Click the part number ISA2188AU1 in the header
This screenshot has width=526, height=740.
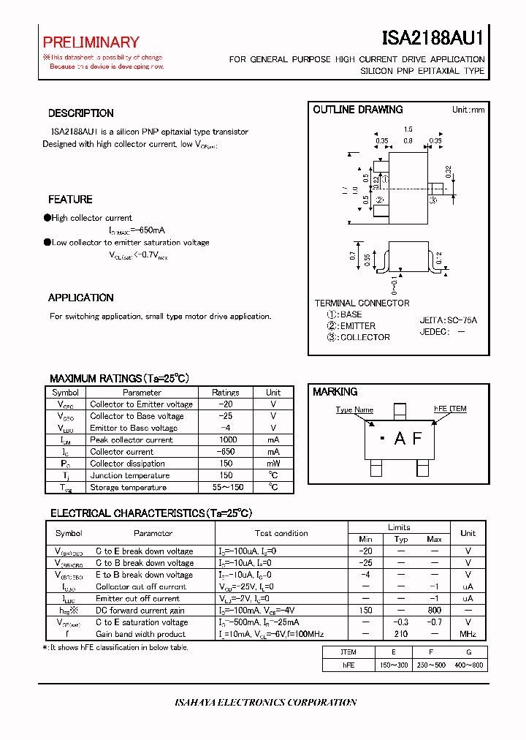click(432, 39)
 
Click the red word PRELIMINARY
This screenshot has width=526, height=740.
click(91, 42)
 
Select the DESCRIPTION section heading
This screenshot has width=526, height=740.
click(81, 113)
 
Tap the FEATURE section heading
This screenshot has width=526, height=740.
click(70, 200)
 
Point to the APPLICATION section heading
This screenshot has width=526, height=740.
click(81, 298)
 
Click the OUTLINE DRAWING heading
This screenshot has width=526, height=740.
click(358, 110)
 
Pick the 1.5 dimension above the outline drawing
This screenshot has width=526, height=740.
click(408, 129)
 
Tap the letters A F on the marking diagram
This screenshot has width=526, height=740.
click(408, 439)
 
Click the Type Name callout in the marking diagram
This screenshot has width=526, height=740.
click(354, 410)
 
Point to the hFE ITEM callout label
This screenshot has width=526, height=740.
click(450, 409)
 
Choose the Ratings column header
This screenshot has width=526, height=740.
click(226, 393)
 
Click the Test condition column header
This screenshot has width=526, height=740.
click(281, 533)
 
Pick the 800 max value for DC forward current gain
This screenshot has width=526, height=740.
click(434, 610)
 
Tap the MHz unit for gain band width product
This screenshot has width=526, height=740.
click(468, 634)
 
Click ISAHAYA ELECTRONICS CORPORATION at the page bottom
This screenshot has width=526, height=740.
click(266, 702)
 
